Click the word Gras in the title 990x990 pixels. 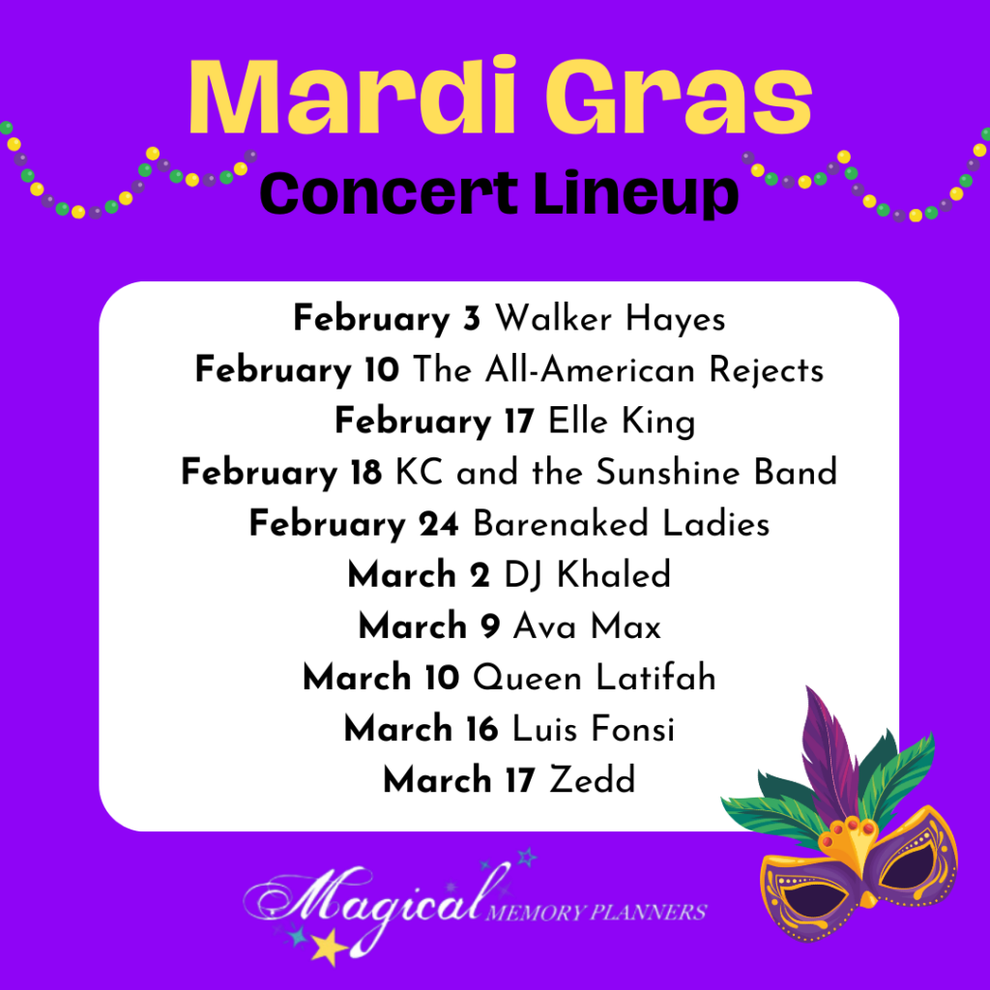pyautogui.click(x=680, y=96)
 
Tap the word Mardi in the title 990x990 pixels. pyautogui.click(x=354, y=95)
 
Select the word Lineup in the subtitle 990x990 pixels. pyautogui.click(x=636, y=193)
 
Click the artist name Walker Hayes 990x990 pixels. pyautogui.click(x=610, y=319)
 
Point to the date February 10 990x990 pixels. pyautogui.click(x=298, y=370)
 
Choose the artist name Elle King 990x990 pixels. pyautogui.click(x=622, y=422)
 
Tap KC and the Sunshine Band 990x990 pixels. pyautogui.click(x=616, y=472)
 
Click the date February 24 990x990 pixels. pyautogui.click(x=354, y=524)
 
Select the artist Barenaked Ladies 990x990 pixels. pyautogui.click(x=622, y=524)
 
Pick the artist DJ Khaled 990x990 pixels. pyautogui.click(x=587, y=575)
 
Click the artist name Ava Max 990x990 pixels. pyautogui.click(x=587, y=626)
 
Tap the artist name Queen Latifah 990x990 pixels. pyautogui.click(x=595, y=678)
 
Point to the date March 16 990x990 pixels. pyautogui.click(x=422, y=729)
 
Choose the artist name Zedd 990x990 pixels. pyautogui.click(x=593, y=780)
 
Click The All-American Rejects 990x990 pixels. pyautogui.click(x=619, y=370)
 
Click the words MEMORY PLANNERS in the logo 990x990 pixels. pyautogui.click(x=596, y=913)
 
